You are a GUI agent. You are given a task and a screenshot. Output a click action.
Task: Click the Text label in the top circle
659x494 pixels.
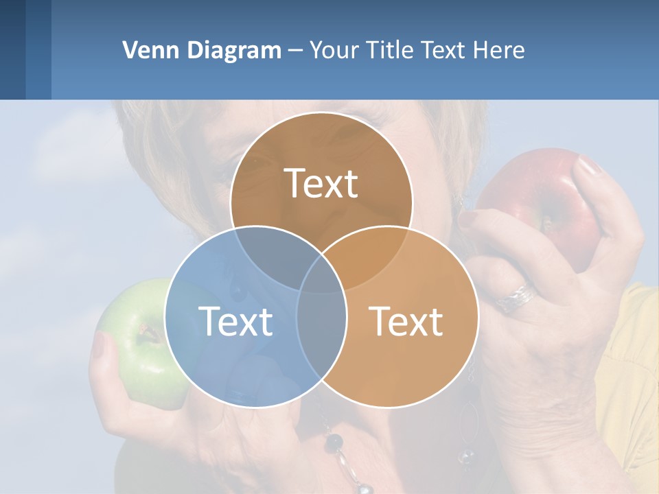tap(321, 183)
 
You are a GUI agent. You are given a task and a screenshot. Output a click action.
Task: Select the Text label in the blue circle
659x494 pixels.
tap(235, 320)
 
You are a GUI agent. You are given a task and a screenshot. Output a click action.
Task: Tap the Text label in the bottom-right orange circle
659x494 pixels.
tap(406, 320)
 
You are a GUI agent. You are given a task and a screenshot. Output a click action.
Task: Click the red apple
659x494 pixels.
tap(542, 199)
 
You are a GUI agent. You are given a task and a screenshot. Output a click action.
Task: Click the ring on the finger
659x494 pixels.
tap(518, 297)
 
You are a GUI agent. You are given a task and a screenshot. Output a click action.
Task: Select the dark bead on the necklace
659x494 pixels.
tap(334, 440)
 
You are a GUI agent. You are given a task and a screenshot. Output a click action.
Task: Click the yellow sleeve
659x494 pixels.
tap(632, 370)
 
